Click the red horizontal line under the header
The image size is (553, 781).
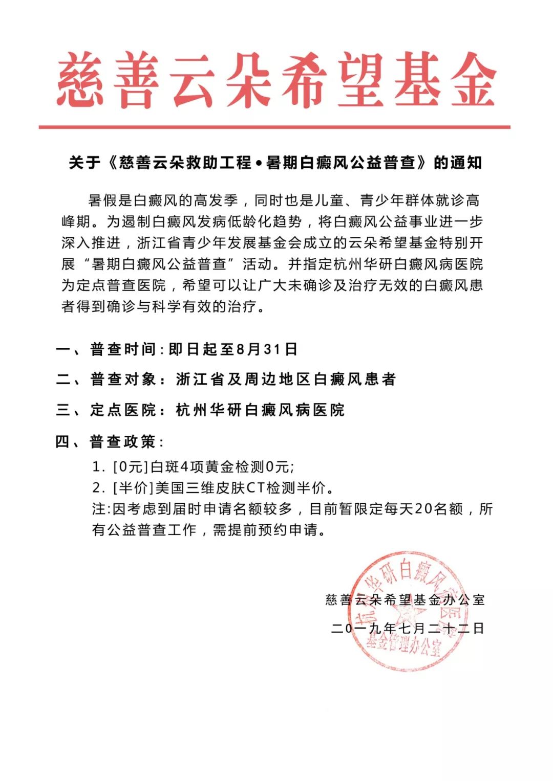coord(274,126)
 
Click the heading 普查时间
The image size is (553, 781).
coord(123,349)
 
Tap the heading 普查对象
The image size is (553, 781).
coord(123,380)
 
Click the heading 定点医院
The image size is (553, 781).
coord(123,410)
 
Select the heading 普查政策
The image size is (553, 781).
coord(123,441)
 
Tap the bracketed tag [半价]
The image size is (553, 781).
coord(133,488)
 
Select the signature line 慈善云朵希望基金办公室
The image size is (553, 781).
coord(405,599)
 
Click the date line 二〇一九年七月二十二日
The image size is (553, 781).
coord(408,628)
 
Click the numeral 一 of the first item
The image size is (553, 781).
coord(64,350)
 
